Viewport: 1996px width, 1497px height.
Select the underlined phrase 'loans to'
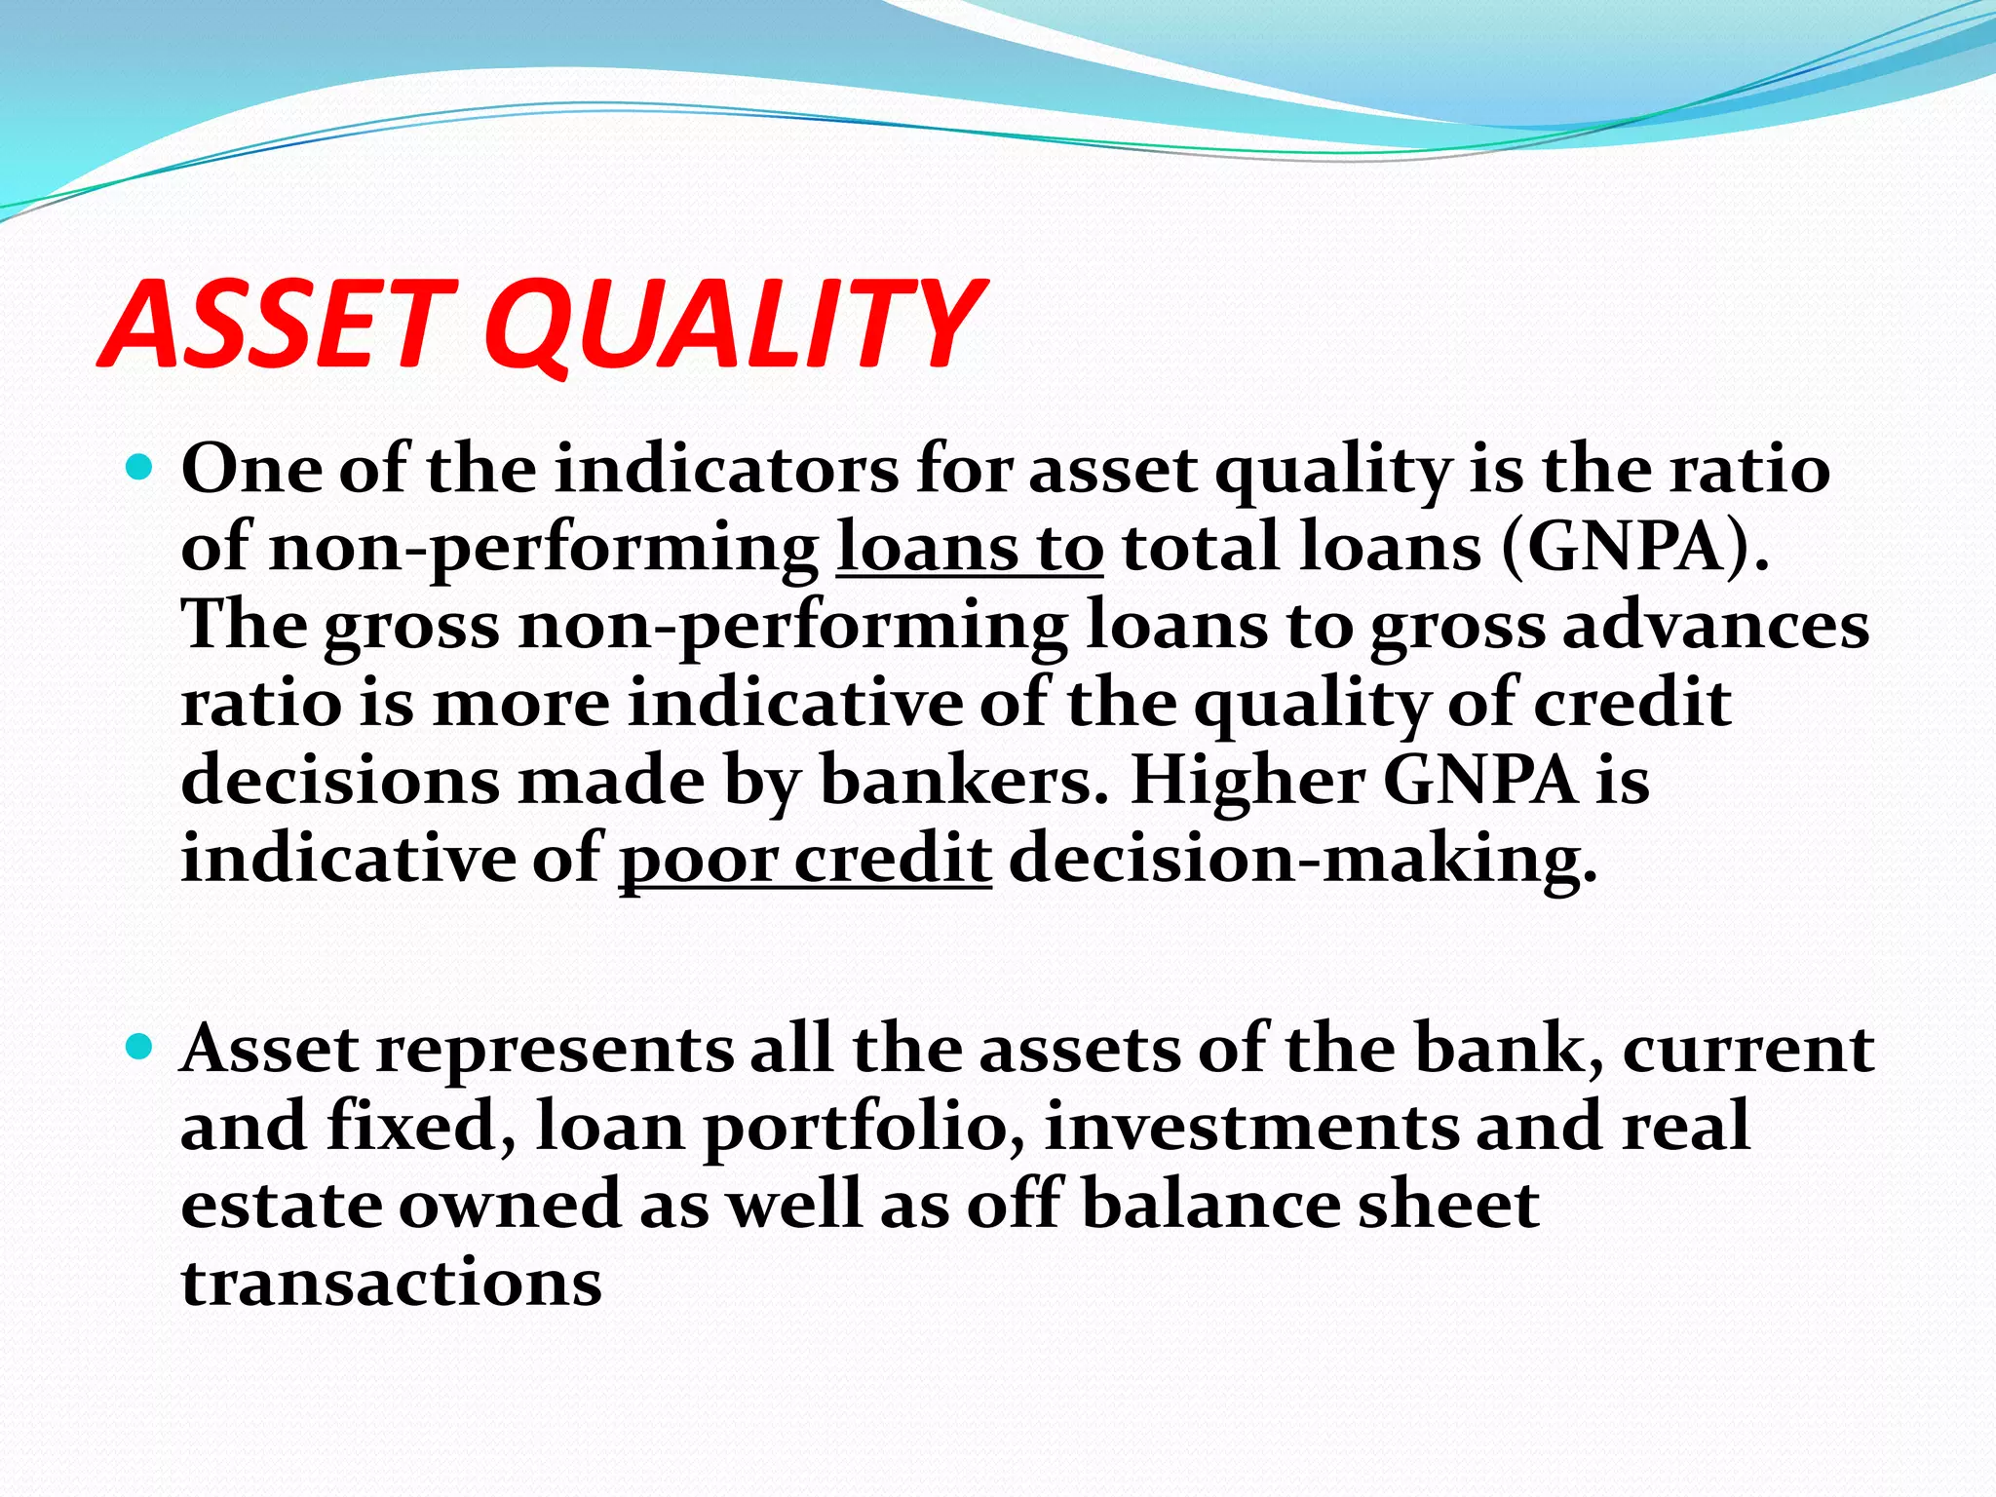pyautogui.click(x=970, y=548)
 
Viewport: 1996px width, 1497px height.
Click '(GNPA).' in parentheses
pyautogui.click(x=1635, y=548)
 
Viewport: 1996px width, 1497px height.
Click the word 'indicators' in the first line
pyautogui.click(x=727, y=470)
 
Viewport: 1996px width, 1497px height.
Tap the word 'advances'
pyautogui.click(x=1716, y=626)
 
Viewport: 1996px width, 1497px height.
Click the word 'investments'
pyautogui.click(x=1251, y=1127)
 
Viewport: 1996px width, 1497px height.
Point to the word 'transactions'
pyautogui.click(x=392, y=1283)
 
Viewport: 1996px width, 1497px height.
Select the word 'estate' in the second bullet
pyautogui.click(x=282, y=1205)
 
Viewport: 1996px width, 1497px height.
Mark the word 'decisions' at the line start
pyautogui.click(x=339, y=782)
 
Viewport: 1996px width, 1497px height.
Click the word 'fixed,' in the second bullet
pyautogui.click(x=421, y=1127)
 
